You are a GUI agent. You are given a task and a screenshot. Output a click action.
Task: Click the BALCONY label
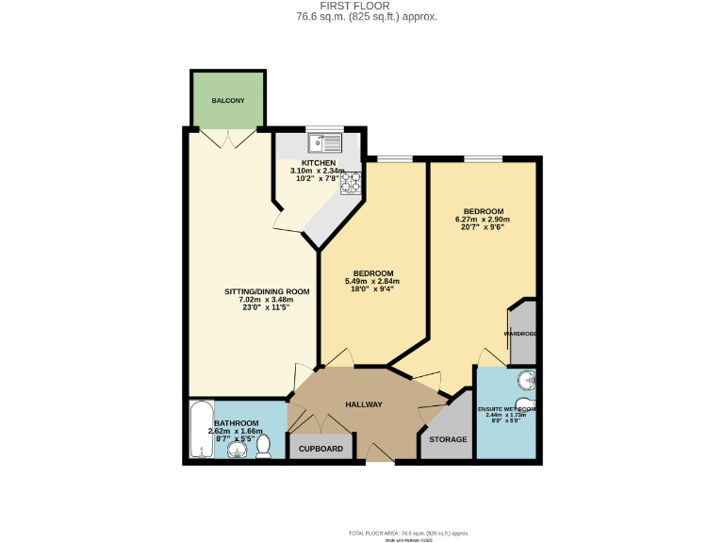coord(228,100)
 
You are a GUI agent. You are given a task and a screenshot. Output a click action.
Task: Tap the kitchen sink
coord(324,142)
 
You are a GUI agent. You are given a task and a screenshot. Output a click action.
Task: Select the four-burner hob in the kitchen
coord(351,182)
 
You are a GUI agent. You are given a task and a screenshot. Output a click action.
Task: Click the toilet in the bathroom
coord(265,444)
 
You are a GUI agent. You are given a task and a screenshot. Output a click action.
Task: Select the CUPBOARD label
coord(321,449)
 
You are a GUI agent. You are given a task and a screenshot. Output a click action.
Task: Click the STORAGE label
coord(448,440)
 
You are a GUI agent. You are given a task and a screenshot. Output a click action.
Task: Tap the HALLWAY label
coord(363,404)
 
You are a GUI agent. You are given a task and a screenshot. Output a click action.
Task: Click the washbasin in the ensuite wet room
coord(527,381)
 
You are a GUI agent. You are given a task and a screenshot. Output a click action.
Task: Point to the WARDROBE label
coord(520,334)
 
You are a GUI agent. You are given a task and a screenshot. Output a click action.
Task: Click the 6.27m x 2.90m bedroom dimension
coord(483,220)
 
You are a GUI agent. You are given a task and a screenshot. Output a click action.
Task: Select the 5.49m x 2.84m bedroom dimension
coord(372,281)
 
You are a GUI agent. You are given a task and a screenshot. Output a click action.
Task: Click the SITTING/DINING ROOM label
coord(267,292)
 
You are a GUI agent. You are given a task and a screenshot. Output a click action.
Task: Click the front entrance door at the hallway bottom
coord(380,456)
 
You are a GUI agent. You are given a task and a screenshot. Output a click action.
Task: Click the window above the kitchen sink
coord(325,130)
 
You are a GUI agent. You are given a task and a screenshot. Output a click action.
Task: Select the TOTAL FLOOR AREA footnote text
coord(408,533)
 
